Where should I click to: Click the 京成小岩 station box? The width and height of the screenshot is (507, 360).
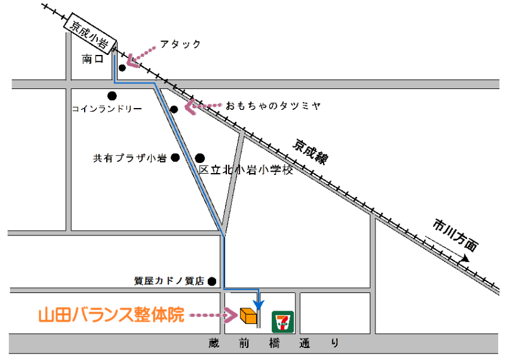pyautogui.click(x=90, y=32)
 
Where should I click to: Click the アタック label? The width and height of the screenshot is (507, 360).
pyautogui.click(x=180, y=44)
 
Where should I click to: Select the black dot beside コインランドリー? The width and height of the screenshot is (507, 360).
pyautogui.click(x=112, y=96)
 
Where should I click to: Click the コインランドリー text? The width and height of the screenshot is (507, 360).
pyautogui.click(x=106, y=109)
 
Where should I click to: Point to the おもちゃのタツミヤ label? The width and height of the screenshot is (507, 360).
pyautogui.click(x=273, y=105)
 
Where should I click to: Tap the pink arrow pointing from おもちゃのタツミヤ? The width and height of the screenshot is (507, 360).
pyautogui.click(x=202, y=106)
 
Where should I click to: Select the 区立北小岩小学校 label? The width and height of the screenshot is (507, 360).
pyautogui.click(x=246, y=170)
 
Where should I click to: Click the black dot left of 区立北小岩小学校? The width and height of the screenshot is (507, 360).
pyautogui.click(x=200, y=158)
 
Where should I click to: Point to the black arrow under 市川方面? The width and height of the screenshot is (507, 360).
pyautogui.click(x=448, y=249)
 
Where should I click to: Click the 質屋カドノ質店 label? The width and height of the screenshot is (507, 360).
pyautogui.click(x=169, y=282)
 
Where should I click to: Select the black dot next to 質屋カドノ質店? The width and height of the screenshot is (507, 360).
pyautogui.click(x=212, y=282)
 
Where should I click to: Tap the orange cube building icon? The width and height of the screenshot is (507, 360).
pyautogui.click(x=248, y=314)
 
